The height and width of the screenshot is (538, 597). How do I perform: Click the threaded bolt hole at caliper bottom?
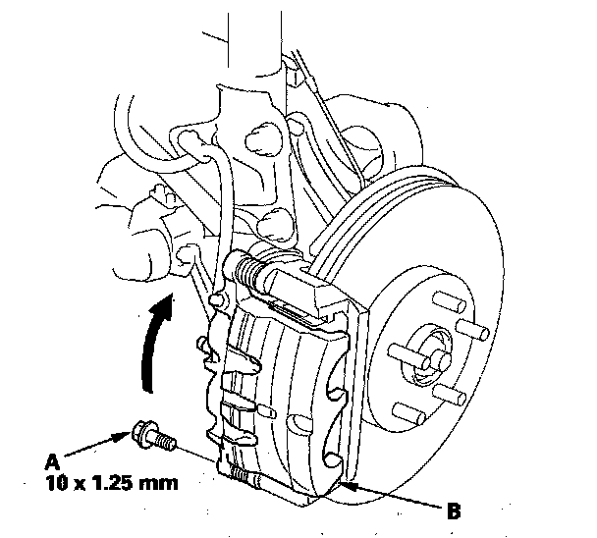(x=241, y=477)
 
